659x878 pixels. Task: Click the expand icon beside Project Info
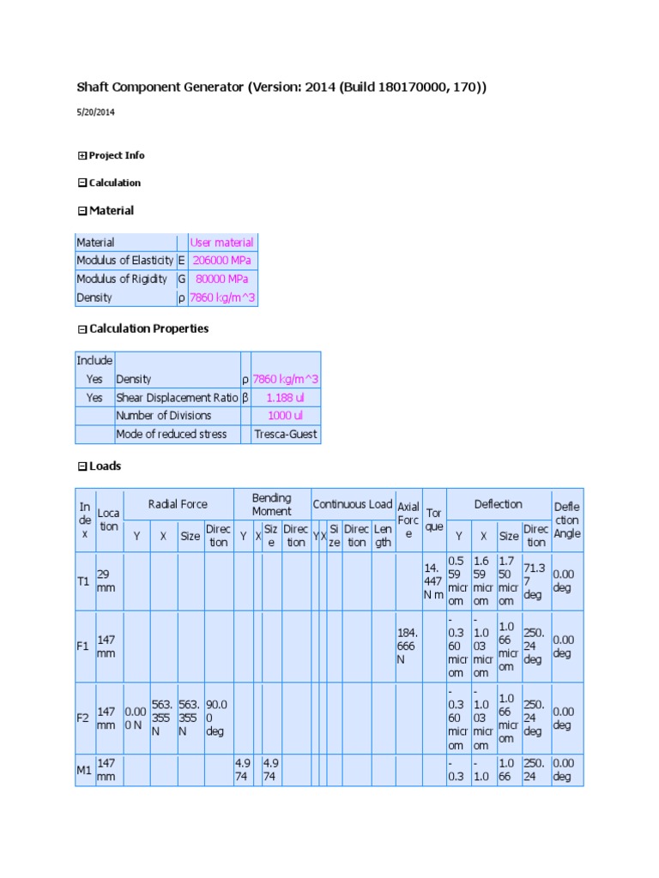tap(82, 155)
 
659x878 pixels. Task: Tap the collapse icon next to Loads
tap(82, 466)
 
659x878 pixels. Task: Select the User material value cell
tap(221, 243)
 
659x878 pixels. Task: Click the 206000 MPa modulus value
tap(221, 261)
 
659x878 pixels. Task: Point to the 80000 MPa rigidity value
tap(221, 279)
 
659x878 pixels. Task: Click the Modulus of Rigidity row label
tap(124, 279)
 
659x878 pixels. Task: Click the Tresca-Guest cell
tap(286, 434)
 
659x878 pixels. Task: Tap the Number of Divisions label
tap(163, 416)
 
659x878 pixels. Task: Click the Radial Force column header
tap(178, 504)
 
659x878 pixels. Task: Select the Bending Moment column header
tap(271, 504)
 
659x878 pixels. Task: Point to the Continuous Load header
tap(352, 504)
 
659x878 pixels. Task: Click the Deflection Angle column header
tap(566, 520)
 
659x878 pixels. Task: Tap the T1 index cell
tap(84, 581)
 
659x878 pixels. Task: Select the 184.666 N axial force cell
tap(408, 646)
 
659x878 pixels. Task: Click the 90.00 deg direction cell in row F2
tap(218, 718)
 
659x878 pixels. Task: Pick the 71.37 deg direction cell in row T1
tap(535, 581)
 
